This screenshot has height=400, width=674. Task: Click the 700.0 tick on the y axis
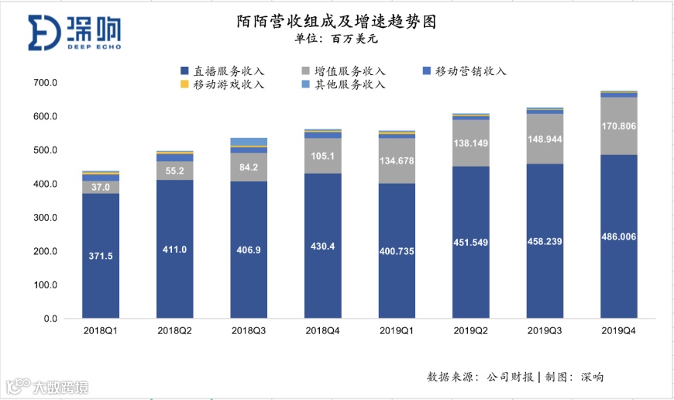point(46,83)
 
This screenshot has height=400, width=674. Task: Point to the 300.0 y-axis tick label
point(46,218)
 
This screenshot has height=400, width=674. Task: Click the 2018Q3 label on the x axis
point(249,330)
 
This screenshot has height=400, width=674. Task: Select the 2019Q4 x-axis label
point(619,330)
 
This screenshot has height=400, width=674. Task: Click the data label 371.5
point(101,255)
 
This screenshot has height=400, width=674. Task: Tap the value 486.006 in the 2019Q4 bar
point(619,236)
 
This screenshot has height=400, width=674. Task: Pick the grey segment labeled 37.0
point(101,187)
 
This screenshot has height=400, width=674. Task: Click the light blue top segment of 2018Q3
point(249,142)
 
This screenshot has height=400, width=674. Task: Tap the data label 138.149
point(471,143)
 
